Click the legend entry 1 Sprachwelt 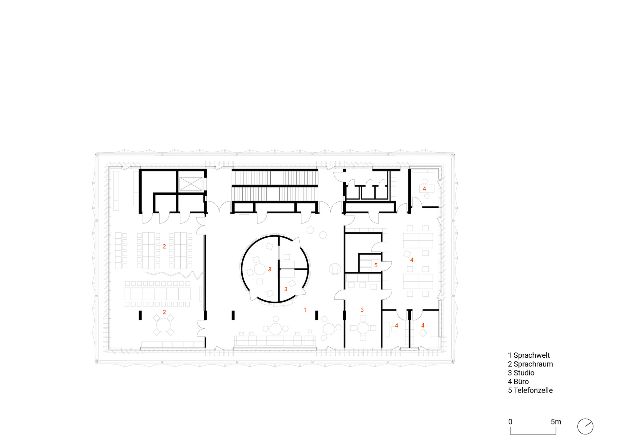(x=529, y=355)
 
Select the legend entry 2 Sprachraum (x=530, y=364)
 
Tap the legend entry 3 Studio (x=521, y=373)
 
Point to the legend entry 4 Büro (x=518, y=382)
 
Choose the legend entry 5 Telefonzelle (x=530, y=390)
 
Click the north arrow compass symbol (x=585, y=427)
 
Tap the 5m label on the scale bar (x=556, y=422)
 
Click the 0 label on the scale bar (x=510, y=422)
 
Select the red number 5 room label (x=376, y=265)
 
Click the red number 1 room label (x=305, y=310)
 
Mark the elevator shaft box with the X (x=190, y=184)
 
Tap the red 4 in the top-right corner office (x=424, y=189)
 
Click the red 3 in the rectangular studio (x=362, y=310)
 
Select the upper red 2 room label (x=164, y=247)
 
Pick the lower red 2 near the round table (x=164, y=312)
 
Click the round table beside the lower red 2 (x=163, y=325)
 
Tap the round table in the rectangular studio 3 (x=363, y=328)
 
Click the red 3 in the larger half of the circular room (x=270, y=269)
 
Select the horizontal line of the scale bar (x=533, y=434)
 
